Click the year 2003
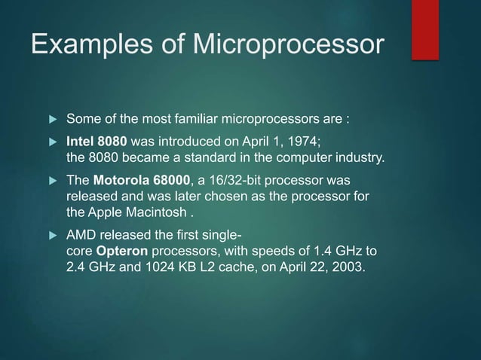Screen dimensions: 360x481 pos(348,270)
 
